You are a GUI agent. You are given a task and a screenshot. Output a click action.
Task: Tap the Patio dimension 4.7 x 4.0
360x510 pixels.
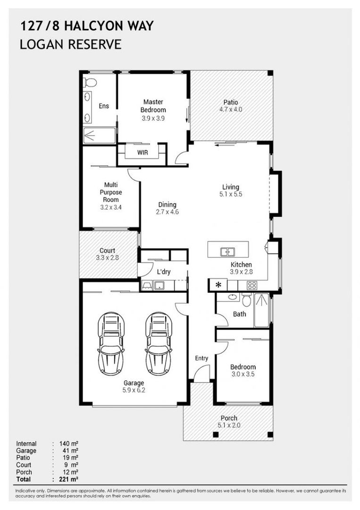(x=231, y=110)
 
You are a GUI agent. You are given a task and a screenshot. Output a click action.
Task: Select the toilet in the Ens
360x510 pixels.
(x=90, y=83)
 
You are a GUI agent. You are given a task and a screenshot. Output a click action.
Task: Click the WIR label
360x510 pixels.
(x=142, y=153)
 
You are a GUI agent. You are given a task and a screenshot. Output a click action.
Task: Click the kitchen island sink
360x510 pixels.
(x=228, y=252)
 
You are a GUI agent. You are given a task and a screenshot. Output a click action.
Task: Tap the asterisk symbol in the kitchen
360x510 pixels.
(x=218, y=285)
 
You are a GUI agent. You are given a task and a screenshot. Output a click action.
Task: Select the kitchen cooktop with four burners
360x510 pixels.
(x=252, y=285)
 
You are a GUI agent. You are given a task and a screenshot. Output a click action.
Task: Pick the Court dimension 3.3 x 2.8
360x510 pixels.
(x=107, y=258)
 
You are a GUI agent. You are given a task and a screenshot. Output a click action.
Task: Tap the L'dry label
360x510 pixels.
(x=164, y=272)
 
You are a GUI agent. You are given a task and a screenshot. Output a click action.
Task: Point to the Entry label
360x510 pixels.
(x=201, y=358)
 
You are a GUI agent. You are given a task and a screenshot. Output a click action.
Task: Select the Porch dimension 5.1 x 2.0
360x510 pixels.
(x=229, y=426)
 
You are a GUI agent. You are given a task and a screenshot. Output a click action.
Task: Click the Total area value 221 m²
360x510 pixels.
(x=68, y=479)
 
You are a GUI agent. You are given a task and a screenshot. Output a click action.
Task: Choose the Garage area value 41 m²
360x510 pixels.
(x=68, y=451)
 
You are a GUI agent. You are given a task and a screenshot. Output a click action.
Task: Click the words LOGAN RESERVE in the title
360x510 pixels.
(x=71, y=44)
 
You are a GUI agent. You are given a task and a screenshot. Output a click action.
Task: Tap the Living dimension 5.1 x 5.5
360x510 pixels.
(x=231, y=195)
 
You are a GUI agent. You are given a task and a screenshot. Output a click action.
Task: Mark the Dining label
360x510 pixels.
(x=167, y=204)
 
